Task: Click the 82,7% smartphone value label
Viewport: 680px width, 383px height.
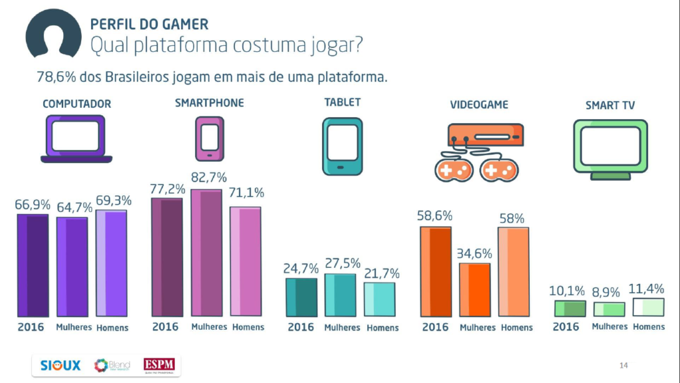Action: click(209, 178)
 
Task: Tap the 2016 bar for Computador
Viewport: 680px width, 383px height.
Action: click(33, 265)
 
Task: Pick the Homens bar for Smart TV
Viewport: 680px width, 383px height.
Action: click(649, 307)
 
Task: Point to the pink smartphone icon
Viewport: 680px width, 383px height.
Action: click(209, 138)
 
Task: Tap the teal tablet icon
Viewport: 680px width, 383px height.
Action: click(343, 146)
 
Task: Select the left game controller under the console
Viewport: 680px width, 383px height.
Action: click(454, 170)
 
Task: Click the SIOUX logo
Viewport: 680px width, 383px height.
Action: click(60, 366)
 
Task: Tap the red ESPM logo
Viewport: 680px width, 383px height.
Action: click(161, 366)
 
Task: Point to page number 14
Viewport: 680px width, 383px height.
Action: click(623, 365)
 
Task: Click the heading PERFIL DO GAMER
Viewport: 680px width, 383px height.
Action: click(149, 25)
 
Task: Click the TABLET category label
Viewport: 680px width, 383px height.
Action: click(343, 102)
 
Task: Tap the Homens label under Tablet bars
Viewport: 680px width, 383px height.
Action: click(382, 328)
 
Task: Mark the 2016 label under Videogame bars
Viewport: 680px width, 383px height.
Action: click(435, 327)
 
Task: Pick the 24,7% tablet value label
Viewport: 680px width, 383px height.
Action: click(301, 269)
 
